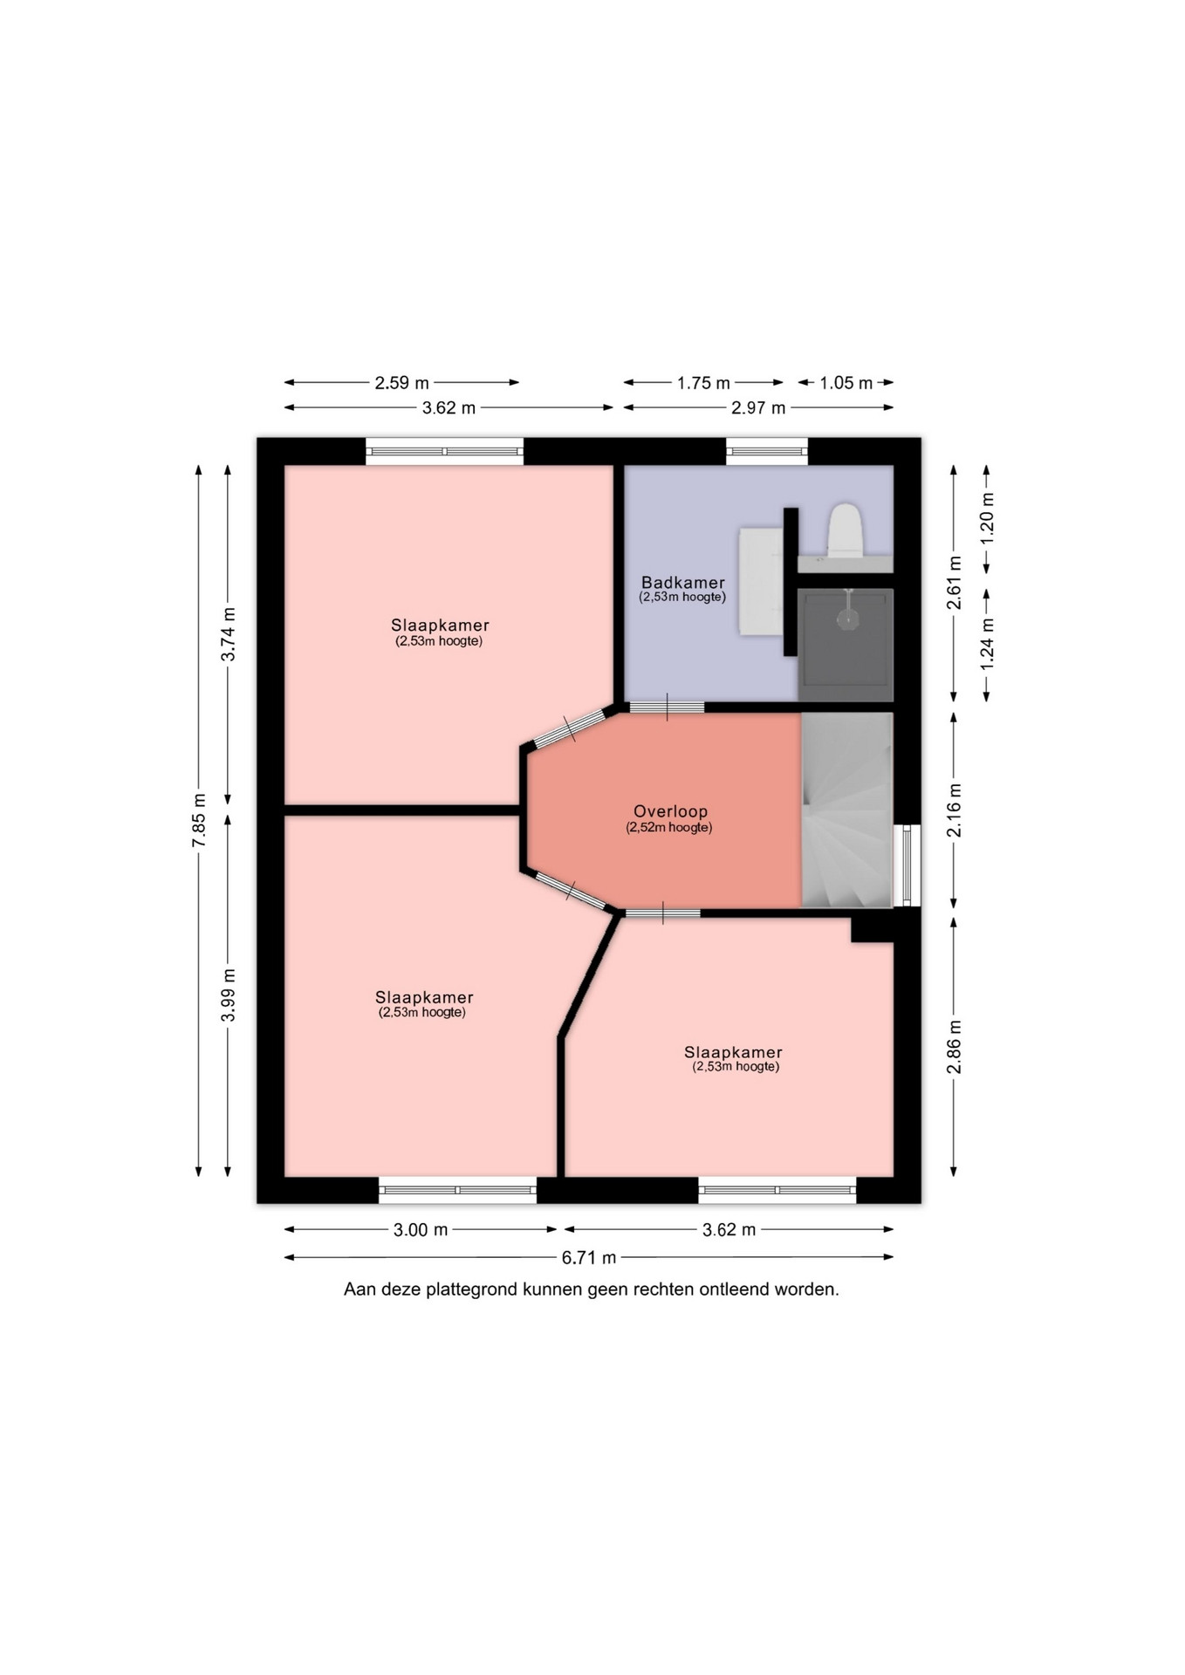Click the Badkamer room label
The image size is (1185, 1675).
coord(683,583)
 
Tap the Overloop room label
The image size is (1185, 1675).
coord(671,812)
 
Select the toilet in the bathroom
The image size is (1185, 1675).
coord(846,530)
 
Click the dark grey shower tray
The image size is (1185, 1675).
coord(846,645)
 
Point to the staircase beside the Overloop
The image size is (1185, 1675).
coord(847,810)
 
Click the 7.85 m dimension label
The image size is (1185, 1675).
coord(200,820)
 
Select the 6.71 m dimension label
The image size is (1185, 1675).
coord(589,1257)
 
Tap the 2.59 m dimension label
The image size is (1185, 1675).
coord(402,382)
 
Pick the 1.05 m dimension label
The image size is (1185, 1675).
coord(846,383)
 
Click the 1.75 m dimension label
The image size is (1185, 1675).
coord(703,383)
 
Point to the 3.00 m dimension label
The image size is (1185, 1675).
coord(421,1230)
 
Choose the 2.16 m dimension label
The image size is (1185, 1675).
coord(956,810)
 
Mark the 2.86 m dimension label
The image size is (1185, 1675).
coord(956,1047)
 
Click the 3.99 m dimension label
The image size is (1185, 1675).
coord(229,995)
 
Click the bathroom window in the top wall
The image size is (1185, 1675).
coord(767,451)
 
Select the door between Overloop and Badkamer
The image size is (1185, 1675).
coord(667,707)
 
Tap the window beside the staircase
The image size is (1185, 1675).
coord(908,866)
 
